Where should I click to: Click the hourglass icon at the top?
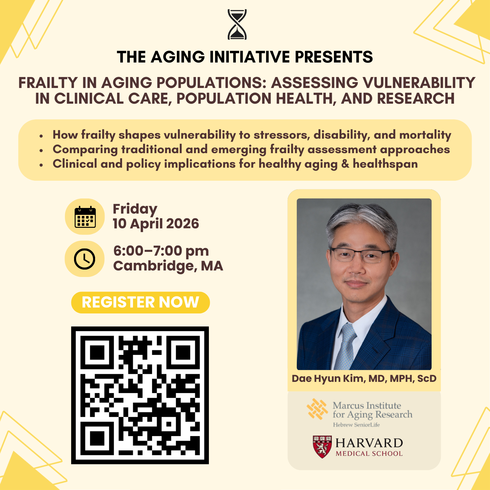[237, 24]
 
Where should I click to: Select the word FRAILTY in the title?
[48, 83]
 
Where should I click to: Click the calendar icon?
[85, 217]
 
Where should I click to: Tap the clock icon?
[85, 259]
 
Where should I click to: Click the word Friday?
[135, 209]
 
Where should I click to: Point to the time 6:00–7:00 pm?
[161, 251]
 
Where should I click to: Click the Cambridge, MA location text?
[168, 266]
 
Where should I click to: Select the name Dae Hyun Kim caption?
[332, 379]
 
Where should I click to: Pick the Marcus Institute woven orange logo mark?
[317, 409]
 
